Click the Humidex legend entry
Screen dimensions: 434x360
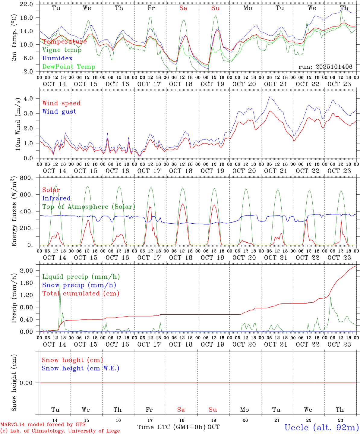pyautogui.click(x=57, y=58)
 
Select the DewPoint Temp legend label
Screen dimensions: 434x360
pyautogui.click(x=69, y=67)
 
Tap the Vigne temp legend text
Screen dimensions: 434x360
pyautogui.click(x=62, y=50)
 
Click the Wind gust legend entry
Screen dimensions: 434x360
pyautogui.click(x=59, y=112)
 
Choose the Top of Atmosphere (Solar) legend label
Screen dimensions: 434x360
pyautogui.click(x=89, y=207)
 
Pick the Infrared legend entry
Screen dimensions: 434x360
pyautogui.click(x=56, y=198)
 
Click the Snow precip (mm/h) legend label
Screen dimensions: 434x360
pyautogui.click(x=79, y=285)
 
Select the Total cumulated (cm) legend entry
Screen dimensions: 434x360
pyautogui.click(x=81, y=294)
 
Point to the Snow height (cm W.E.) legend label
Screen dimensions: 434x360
pyautogui.click(x=80, y=368)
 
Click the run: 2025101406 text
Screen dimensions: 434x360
pyautogui.click(x=325, y=67)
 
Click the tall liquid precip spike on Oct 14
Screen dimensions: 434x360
pyautogui.click(x=60, y=285)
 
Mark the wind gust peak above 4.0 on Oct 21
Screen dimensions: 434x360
pyautogui.click(x=270, y=97)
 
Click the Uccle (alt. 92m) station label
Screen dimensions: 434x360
pyautogui.click(x=321, y=427)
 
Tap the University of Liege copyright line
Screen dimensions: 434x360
pyautogui.click(x=60, y=431)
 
